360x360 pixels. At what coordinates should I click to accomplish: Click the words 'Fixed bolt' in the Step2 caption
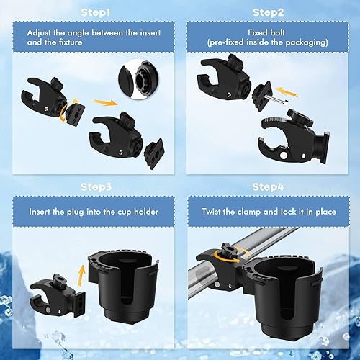[x=267, y=32]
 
